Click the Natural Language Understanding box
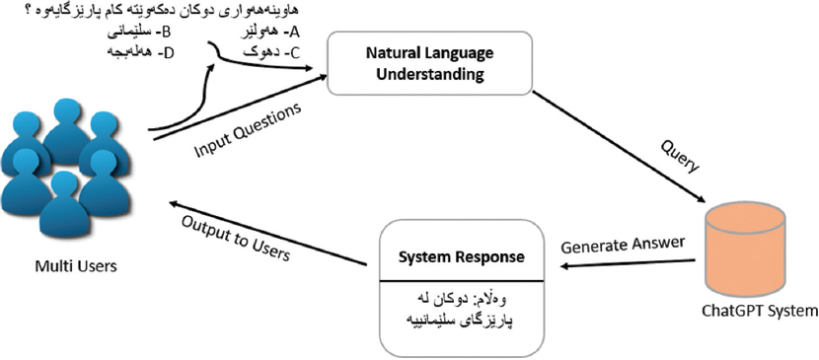tap(430, 63)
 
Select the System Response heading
tap(461, 257)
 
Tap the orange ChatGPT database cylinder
tap(745, 250)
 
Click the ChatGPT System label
tap(760, 312)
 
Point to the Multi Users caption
tap(76, 266)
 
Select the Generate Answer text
tap(623, 245)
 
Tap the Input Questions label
tap(248, 129)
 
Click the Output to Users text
tap(235, 239)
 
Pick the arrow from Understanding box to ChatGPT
tap(619, 147)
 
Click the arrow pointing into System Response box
tap(628, 263)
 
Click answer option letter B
tap(166, 33)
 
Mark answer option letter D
tap(167, 52)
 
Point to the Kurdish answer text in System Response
tap(461, 310)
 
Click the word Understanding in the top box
tap(430, 74)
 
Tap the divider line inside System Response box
tap(461, 281)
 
